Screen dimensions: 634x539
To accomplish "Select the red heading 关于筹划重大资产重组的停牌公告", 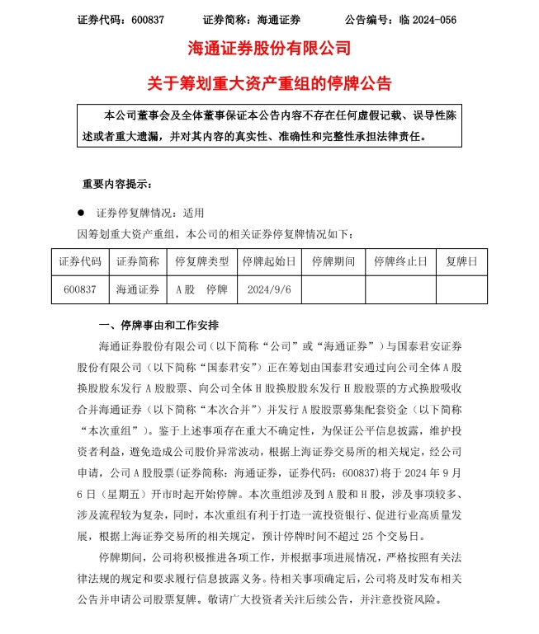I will point(269,82).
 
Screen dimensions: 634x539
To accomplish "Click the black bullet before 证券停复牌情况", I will point(81,212).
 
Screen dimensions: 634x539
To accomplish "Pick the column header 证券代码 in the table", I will point(80,261).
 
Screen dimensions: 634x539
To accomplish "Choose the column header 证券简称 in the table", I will point(137,261).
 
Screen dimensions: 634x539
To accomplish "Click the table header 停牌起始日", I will point(266,261).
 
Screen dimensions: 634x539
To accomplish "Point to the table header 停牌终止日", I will point(400,261).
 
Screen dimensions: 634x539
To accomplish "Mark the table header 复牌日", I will point(461,261).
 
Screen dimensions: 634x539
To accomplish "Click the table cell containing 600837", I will point(80,289).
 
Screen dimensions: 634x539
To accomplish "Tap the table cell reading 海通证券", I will point(137,289).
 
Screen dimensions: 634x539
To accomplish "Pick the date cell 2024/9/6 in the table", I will point(266,289).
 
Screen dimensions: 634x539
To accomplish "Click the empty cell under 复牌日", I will point(461,289).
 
